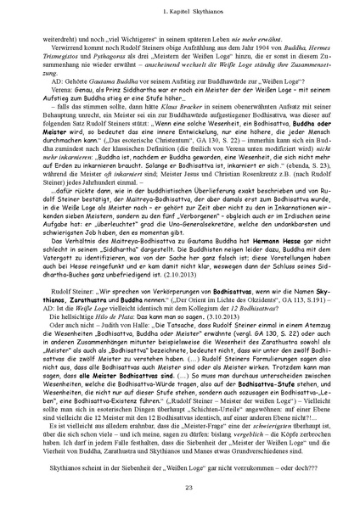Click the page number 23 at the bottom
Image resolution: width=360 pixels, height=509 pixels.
pos(180,485)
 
